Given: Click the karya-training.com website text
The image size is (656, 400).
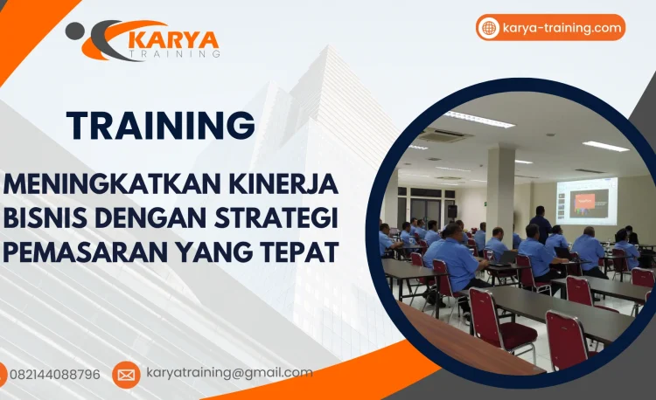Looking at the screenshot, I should [x=562, y=28].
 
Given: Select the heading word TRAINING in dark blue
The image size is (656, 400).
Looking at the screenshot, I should [x=161, y=126].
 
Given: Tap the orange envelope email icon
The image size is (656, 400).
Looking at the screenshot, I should [x=126, y=375].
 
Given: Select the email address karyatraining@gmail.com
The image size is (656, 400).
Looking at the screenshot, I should [x=229, y=373].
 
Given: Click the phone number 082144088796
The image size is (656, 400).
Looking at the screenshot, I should [x=54, y=375].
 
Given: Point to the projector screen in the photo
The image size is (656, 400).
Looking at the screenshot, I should [x=587, y=201].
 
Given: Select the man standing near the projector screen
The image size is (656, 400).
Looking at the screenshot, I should [x=542, y=224].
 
